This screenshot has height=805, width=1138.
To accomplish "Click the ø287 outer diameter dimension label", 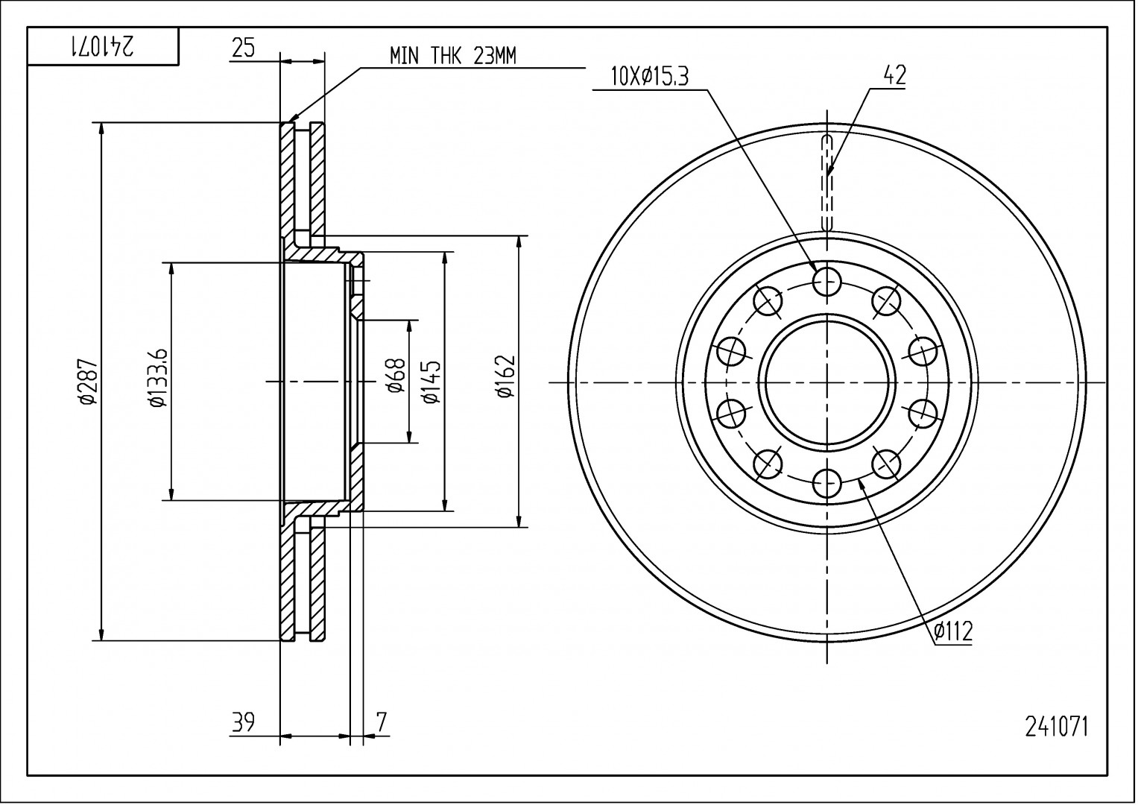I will coord(87,382).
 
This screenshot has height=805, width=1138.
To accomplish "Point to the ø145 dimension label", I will coord(432,382).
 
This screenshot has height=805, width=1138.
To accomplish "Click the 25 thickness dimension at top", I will coord(243,48).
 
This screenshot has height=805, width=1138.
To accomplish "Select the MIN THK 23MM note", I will coord(452,56).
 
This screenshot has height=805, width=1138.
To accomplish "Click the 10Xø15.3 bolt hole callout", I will coord(648,76).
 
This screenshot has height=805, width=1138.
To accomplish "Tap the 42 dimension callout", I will coord(894,75).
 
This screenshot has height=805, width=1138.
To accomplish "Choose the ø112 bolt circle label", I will coord(953,632).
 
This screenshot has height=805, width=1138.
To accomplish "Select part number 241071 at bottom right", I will coord(1056,726).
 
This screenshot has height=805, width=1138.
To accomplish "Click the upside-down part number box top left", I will coord(103,47).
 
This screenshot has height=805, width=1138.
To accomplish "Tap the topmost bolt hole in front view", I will coord(827,281).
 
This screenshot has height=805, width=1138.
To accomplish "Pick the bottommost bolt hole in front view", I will coord(827,484).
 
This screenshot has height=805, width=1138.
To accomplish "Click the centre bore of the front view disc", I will coord(827,382).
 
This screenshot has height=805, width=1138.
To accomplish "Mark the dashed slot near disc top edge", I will coord(827,183).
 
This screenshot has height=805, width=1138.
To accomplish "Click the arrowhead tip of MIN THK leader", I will coord(289,121).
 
